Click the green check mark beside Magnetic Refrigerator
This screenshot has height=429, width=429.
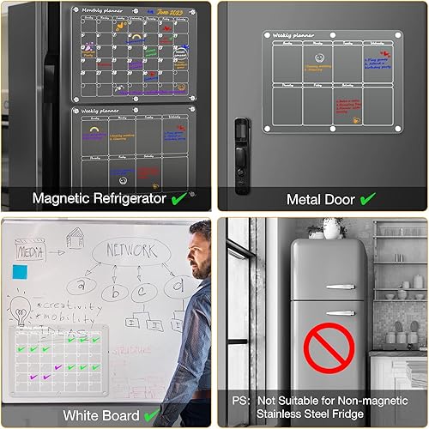[178, 198]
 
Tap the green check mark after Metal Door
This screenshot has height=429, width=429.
[367, 198]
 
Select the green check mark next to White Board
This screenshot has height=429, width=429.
[152, 416]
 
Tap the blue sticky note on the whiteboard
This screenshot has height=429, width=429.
[20, 272]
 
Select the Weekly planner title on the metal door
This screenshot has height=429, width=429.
[291, 36]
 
